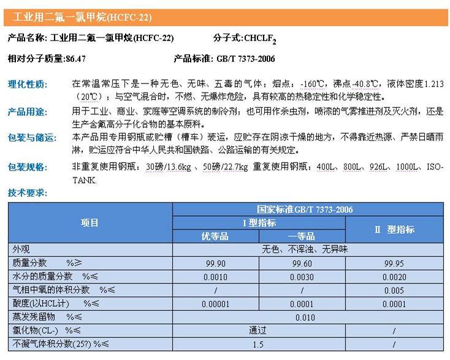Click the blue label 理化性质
(27, 84)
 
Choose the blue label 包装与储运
(31, 137)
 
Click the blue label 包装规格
(27, 167)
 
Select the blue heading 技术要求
(27, 193)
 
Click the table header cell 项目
(90, 223)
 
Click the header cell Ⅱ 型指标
(394, 229)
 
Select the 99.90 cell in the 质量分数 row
(215, 262)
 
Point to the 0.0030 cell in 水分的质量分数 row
(301, 277)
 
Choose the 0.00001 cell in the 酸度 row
(215, 304)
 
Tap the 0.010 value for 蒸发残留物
(305, 317)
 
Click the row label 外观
(21, 250)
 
